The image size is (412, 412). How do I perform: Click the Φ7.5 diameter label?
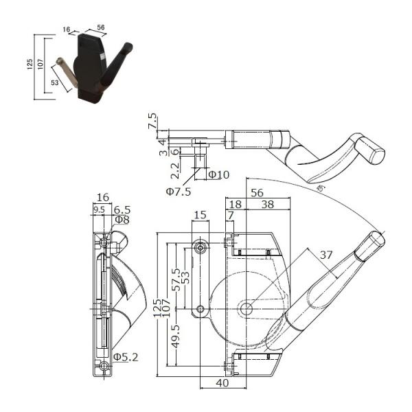(x=178, y=192)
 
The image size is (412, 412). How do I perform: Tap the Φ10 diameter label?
(x=218, y=174)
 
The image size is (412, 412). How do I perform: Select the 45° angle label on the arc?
(x=321, y=188)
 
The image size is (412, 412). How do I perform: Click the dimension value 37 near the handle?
(x=326, y=255)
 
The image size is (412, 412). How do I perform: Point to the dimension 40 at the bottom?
(x=222, y=383)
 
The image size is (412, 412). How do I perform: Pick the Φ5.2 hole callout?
(x=126, y=357)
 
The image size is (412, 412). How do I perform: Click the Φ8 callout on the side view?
(x=122, y=220)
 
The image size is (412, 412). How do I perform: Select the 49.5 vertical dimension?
(x=176, y=336)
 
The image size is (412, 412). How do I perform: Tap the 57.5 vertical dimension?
(x=176, y=279)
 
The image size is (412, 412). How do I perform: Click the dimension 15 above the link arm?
(x=201, y=215)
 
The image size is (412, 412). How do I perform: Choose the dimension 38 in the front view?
(x=268, y=204)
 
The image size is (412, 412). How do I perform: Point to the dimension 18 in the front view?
(x=235, y=204)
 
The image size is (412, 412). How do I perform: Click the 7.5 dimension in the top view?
(x=153, y=121)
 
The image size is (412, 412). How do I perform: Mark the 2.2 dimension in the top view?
(x=175, y=171)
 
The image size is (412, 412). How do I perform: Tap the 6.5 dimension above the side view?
(x=122, y=210)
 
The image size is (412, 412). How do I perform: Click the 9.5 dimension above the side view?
(x=99, y=209)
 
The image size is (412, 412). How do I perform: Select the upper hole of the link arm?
(x=201, y=248)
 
